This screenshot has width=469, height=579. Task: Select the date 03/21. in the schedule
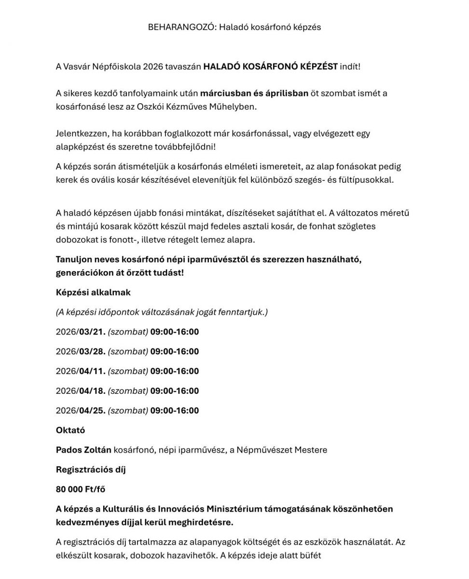[x=91, y=331]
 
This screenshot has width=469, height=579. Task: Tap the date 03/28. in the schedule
[x=91, y=351]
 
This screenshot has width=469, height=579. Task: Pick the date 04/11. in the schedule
[x=91, y=371]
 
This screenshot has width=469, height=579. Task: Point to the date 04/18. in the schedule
[x=91, y=391]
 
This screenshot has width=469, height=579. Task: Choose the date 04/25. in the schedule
[x=91, y=411]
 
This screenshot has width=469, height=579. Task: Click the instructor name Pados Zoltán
[x=83, y=450]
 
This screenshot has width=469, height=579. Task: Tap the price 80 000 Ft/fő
[x=81, y=489]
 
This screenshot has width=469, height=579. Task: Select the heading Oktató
[x=70, y=430]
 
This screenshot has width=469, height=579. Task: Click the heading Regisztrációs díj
[x=91, y=469]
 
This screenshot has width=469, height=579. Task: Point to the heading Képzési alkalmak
[x=93, y=292]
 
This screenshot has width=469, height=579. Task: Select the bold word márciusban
[x=224, y=93]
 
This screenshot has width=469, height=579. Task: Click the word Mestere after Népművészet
[x=310, y=450]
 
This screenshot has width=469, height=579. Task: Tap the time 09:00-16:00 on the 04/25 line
[x=175, y=411]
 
